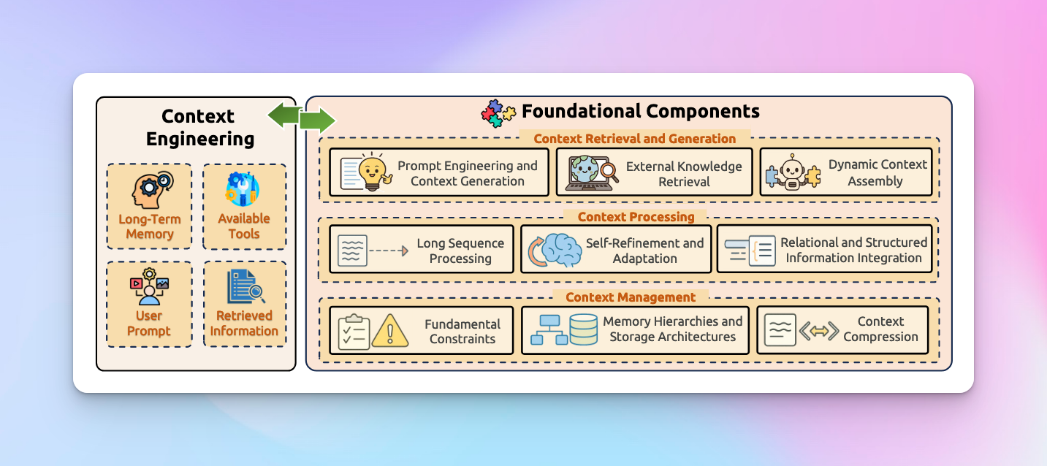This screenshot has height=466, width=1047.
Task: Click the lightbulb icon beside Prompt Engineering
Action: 373,172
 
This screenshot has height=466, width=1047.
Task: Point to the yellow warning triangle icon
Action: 389,331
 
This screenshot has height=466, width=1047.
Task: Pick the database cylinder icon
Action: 583,329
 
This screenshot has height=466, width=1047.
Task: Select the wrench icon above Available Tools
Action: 243,189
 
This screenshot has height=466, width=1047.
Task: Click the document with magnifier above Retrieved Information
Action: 245,286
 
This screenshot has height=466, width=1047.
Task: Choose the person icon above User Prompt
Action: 150,287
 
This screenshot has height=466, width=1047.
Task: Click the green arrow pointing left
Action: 285,115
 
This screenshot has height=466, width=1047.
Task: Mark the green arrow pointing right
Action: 317,121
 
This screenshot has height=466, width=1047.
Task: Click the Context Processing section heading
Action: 636,217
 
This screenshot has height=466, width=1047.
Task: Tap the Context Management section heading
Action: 631,297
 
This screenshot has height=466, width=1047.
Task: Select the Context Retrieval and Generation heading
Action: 634,139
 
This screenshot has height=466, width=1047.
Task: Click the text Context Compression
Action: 880,329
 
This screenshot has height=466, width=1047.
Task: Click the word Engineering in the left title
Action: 199,139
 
